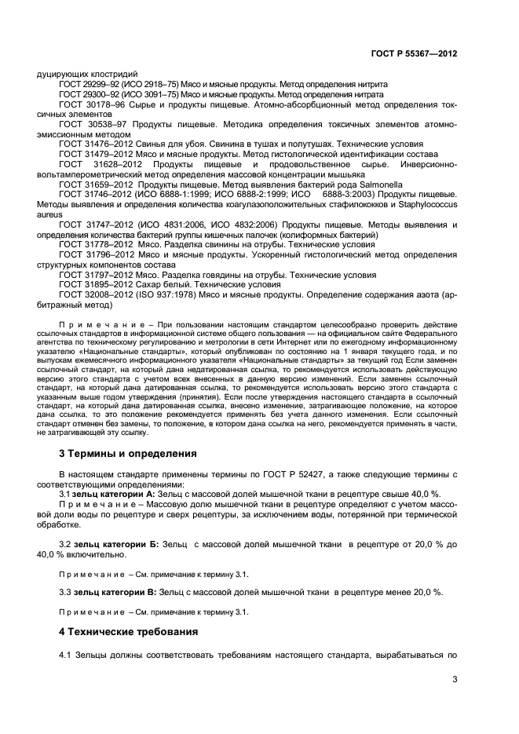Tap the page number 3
pos(455,681)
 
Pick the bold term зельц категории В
pos(113,591)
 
